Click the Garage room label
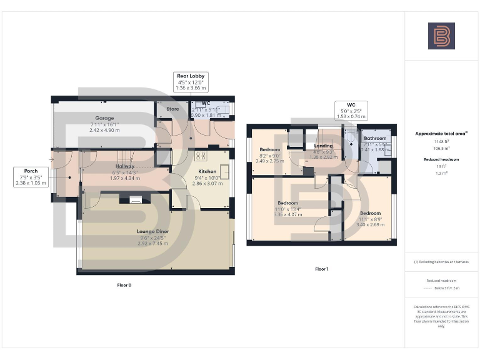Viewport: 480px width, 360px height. (104, 117)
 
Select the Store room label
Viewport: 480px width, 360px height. (172, 109)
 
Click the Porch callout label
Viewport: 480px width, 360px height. (31, 171)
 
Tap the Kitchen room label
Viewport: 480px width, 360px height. (207, 171)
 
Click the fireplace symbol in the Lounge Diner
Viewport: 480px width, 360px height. (136, 200)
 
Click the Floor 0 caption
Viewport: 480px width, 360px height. (124, 285)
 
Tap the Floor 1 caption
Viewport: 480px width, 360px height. (321, 269)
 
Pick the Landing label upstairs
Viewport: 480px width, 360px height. (323, 146)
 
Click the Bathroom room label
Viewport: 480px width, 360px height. (376, 138)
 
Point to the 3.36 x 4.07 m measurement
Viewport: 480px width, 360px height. (287, 214)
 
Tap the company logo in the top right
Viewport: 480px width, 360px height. (441, 36)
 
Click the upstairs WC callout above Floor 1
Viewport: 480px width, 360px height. (351, 104)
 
